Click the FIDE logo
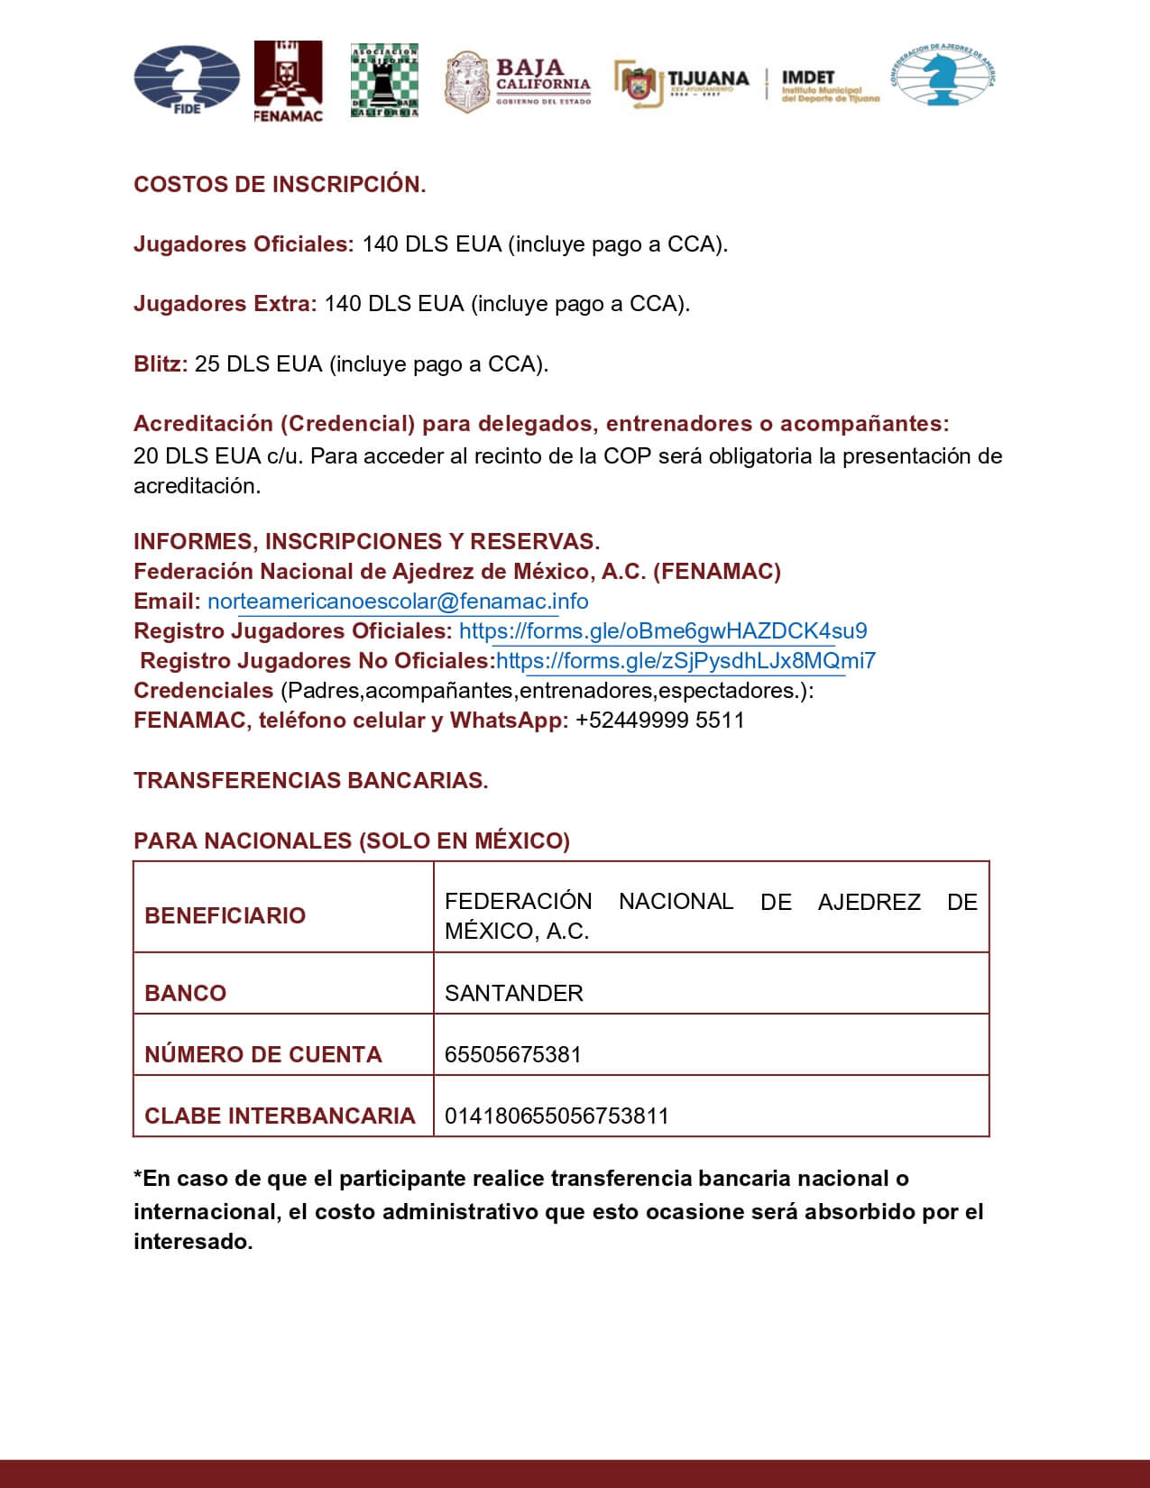click(x=187, y=80)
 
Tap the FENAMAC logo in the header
click(x=288, y=81)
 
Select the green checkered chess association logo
click(x=384, y=80)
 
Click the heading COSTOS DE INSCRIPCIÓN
click(x=280, y=185)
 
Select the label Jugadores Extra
click(x=225, y=304)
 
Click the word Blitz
click(x=161, y=364)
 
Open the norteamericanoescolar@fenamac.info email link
click(x=398, y=602)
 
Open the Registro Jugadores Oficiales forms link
click(x=663, y=631)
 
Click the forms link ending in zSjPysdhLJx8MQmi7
click(x=685, y=661)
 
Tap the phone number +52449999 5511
click(x=659, y=721)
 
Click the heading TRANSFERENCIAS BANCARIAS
click(x=310, y=781)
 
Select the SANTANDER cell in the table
click(x=514, y=993)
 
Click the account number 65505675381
click(x=512, y=1054)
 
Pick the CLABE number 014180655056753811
click(x=557, y=1116)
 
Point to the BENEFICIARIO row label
click(x=225, y=915)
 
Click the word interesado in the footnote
click(x=191, y=1242)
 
